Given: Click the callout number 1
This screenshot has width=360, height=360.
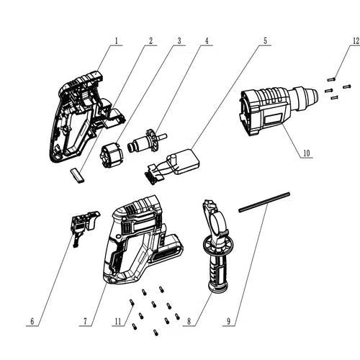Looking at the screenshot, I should pyautogui.click(x=115, y=40).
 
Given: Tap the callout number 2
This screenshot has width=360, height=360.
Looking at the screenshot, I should pyautogui.click(x=150, y=40).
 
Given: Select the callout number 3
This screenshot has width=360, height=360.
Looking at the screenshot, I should pyautogui.click(x=179, y=40).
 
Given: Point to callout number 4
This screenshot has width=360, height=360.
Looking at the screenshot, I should pyautogui.click(x=207, y=40).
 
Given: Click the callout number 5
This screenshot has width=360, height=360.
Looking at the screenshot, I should pyautogui.click(x=265, y=40).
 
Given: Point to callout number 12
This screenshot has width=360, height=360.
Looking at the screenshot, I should pyautogui.click(x=355, y=40).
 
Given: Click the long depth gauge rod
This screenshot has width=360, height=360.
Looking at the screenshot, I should pyautogui.click(x=264, y=201).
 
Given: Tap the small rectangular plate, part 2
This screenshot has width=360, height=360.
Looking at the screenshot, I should pyautogui.click(x=76, y=173).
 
